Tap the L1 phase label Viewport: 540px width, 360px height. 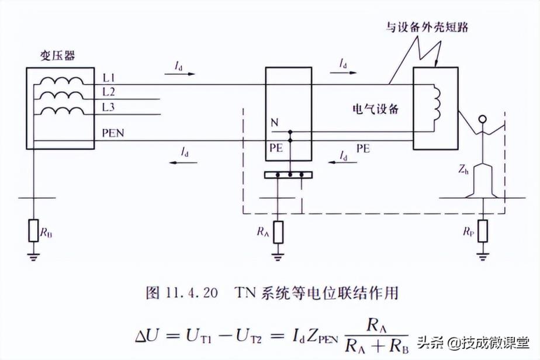click(x=108, y=78)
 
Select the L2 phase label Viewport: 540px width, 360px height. click(x=108, y=92)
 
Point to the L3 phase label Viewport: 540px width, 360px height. click(x=108, y=106)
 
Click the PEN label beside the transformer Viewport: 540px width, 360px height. click(x=112, y=134)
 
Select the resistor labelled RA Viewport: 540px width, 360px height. click(x=279, y=231)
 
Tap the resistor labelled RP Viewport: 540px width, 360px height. click(x=482, y=231)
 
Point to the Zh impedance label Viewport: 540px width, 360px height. click(x=465, y=170)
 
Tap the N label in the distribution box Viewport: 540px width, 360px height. click(x=274, y=123)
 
